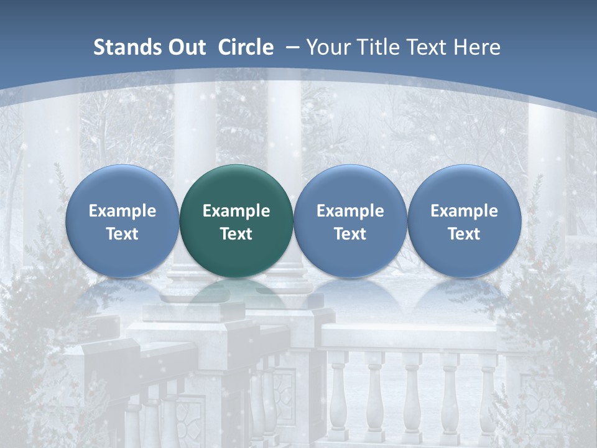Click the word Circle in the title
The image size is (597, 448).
pyautogui.click(x=246, y=47)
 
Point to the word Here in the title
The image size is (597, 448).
pyautogui.click(x=477, y=47)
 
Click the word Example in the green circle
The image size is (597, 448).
pyautogui.click(x=236, y=211)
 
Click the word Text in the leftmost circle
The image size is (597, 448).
pyautogui.click(x=123, y=234)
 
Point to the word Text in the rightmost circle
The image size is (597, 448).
pyautogui.click(x=464, y=234)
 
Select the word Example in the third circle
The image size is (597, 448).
pyautogui.click(x=350, y=211)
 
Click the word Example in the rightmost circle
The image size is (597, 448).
pyautogui.click(x=464, y=211)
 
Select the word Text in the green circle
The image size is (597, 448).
pyautogui.click(x=236, y=234)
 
